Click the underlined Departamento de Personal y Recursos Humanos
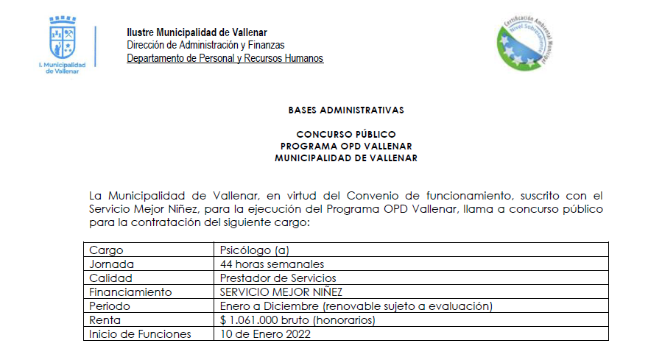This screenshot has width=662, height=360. click(x=225, y=58)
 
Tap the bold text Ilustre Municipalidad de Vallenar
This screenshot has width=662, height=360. click(x=197, y=32)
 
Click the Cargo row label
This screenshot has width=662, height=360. click(x=106, y=250)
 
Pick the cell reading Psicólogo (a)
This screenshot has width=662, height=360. click(x=254, y=250)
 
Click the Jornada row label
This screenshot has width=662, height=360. click(x=111, y=264)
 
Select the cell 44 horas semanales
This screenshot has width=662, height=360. click(x=272, y=264)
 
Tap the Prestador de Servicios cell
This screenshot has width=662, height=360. click(x=278, y=278)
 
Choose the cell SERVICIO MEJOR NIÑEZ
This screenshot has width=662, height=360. click(x=281, y=292)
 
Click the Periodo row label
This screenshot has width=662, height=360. click(x=109, y=306)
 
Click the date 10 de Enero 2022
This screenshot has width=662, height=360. click(x=265, y=334)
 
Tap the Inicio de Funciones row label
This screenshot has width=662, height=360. click(x=140, y=334)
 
